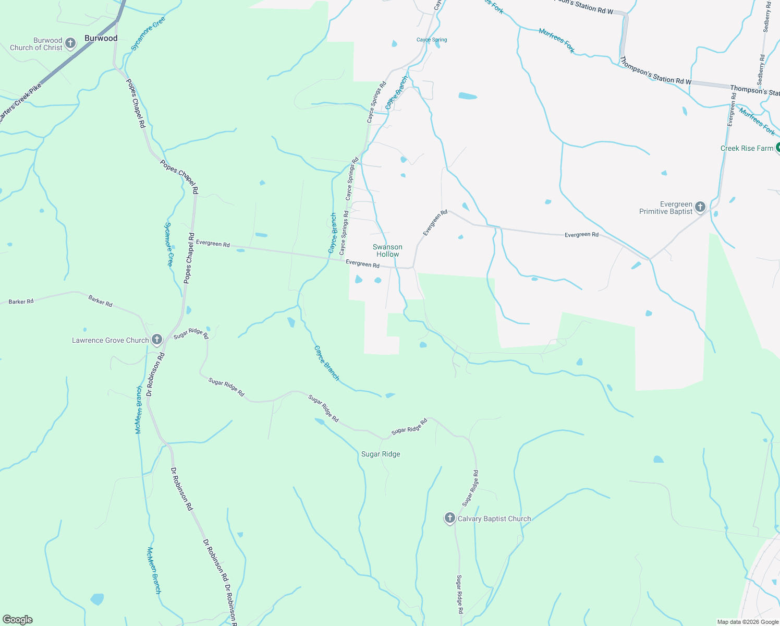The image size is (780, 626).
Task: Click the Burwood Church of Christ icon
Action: click(70, 43)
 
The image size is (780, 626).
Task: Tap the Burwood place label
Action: click(101, 38)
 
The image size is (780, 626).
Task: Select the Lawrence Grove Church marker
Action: click(156, 340)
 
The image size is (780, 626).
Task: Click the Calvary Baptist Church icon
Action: click(449, 518)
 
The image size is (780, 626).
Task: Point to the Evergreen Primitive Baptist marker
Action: click(700, 207)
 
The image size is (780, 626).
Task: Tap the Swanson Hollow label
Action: click(387, 250)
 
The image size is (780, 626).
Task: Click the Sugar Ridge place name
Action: click(381, 454)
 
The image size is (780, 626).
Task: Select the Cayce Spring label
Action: click(432, 40)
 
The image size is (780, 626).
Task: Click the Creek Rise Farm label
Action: click(747, 148)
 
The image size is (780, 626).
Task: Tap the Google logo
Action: click(18, 620)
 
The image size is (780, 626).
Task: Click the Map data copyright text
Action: click(747, 622)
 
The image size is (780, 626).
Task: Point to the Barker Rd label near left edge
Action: click(21, 302)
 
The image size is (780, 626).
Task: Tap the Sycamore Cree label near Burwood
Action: click(148, 34)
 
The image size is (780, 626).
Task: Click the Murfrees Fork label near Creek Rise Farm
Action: click(757, 121)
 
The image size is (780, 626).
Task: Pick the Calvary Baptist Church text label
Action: click(494, 519)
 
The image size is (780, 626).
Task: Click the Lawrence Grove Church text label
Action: click(110, 340)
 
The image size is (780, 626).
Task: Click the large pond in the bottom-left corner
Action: click(97, 599)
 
